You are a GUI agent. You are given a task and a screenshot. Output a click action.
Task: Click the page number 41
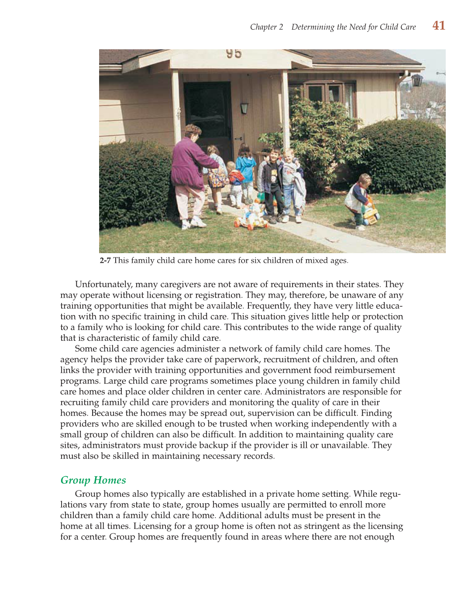pyautogui.click(x=439, y=26)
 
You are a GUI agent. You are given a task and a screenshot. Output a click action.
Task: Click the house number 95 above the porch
pyautogui.click(x=234, y=53)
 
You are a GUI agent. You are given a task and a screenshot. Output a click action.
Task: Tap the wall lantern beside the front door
pyautogui.click(x=244, y=108)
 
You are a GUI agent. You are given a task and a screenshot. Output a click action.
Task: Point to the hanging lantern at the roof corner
pyautogui.click(x=417, y=80)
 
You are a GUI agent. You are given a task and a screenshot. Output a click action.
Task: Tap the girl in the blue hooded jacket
pyautogui.click(x=246, y=170)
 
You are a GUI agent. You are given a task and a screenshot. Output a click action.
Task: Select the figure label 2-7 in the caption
pyautogui.click(x=105, y=261)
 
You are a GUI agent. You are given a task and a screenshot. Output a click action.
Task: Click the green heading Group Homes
pyautogui.click(x=93, y=480)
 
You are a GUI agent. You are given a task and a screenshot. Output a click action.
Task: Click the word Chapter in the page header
pyautogui.click(x=263, y=27)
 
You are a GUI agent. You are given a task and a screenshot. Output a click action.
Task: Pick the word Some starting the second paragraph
pyautogui.click(x=86, y=349)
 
